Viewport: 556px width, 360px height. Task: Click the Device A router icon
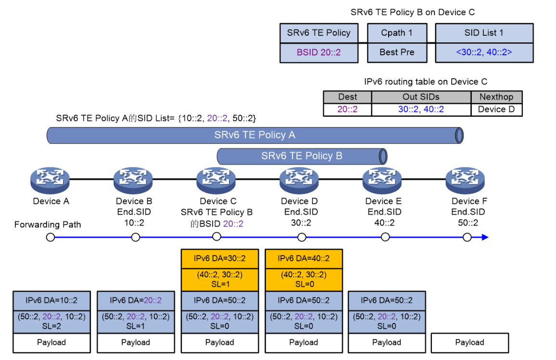pos(51,181)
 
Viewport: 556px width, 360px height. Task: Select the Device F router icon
pos(466,181)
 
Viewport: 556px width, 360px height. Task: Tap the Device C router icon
pos(216,181)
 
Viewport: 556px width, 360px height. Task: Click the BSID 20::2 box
pos(318,52)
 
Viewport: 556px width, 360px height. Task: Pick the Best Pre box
pos(397,52)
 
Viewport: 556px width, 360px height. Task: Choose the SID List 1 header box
pos(484,33)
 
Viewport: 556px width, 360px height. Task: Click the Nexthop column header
pos(496,97)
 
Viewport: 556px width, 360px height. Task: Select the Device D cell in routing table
pos(496,110)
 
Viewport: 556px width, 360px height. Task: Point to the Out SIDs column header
pos(421,97)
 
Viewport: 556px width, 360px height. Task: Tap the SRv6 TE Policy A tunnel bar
pos(254,135)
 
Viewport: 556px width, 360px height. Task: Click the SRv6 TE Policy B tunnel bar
pos(302,156)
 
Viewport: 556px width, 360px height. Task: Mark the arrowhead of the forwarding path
pos(485,237)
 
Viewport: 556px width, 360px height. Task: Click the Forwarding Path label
pos(48,224)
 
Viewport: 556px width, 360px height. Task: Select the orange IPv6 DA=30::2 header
pos(220,258)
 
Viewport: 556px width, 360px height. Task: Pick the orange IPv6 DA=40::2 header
pos(303,258)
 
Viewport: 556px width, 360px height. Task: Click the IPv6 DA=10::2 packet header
pos(51,300)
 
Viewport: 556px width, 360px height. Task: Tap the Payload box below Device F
pos(469,343)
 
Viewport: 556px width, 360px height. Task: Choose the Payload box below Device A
pos(51,343)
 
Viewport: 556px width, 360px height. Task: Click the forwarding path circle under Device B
pos(136,237)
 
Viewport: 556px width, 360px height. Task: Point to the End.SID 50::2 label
pos(468,217)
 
